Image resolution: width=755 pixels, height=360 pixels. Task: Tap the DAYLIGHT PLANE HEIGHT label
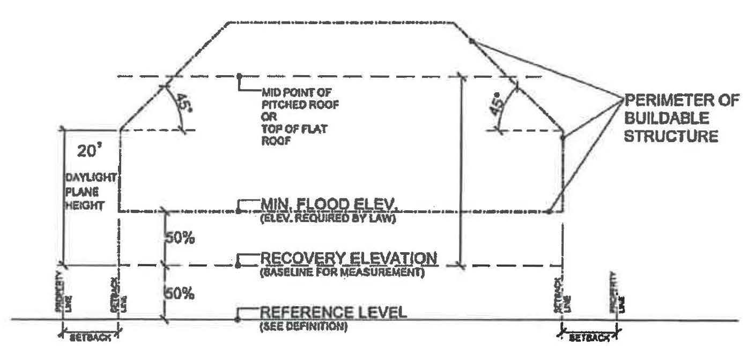(x=85, y=191)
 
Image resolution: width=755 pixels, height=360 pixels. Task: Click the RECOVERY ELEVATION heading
(x=349, y=259)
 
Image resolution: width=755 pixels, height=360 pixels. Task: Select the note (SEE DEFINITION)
(x=304, y=326)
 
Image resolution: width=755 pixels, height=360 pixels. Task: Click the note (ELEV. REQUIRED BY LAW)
(x=328, y=218)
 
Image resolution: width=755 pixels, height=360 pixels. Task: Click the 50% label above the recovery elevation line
(x=179, y=238)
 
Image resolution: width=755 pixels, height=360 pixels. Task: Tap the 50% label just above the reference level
(x=179, y=294)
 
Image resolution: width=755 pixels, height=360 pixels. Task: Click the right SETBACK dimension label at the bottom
(x=589, y=339)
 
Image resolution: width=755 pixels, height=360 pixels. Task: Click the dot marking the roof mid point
(x=239, y=76)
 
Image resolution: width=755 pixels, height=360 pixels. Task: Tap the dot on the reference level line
(x=238, y=320)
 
